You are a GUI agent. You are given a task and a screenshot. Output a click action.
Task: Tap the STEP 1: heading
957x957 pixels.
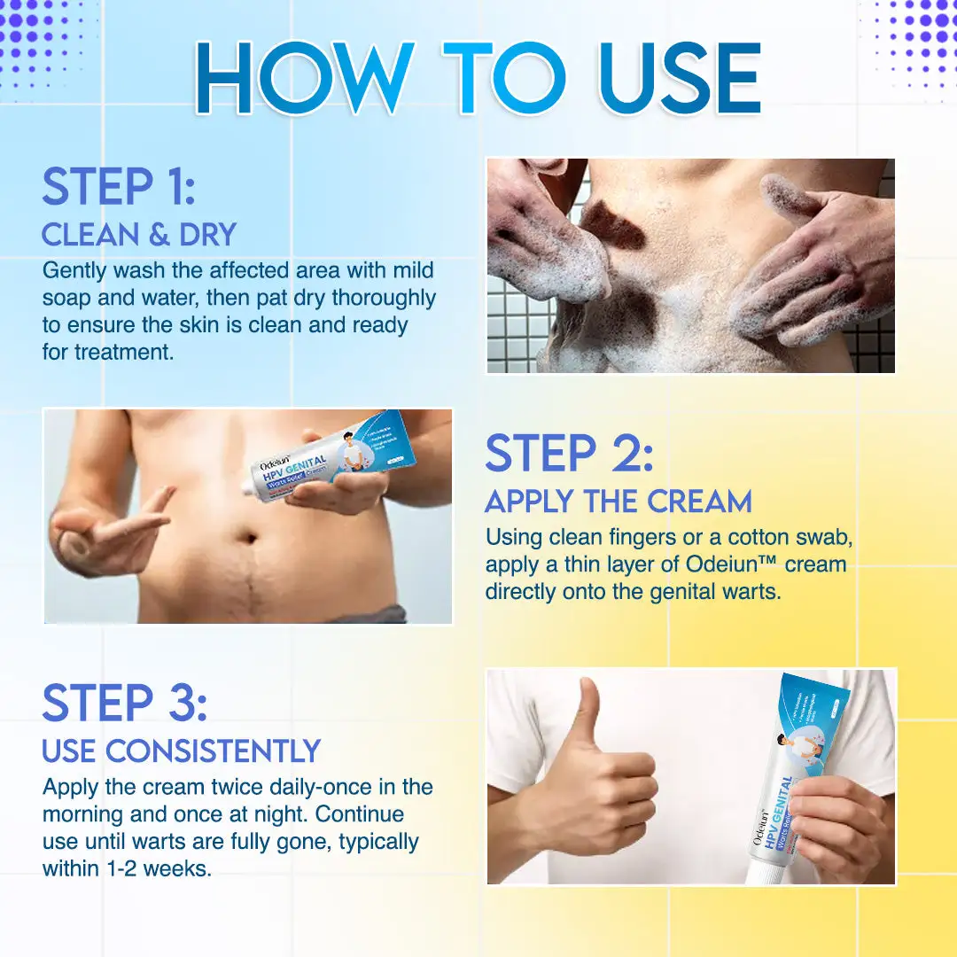pyautogui.click(x=118, y=187)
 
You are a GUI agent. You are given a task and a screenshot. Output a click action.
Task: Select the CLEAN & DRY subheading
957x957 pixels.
pyautogui.click(x=139, y=235)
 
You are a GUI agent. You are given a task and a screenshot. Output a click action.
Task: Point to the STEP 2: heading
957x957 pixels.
pyautogui.click(x=569, y=454)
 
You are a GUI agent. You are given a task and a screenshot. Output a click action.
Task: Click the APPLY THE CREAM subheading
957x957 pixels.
pyautogui.click(x=618, y=502)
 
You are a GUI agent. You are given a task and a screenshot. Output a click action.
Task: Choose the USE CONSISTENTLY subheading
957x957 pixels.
pyautogui.click(x=181, y=751)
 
